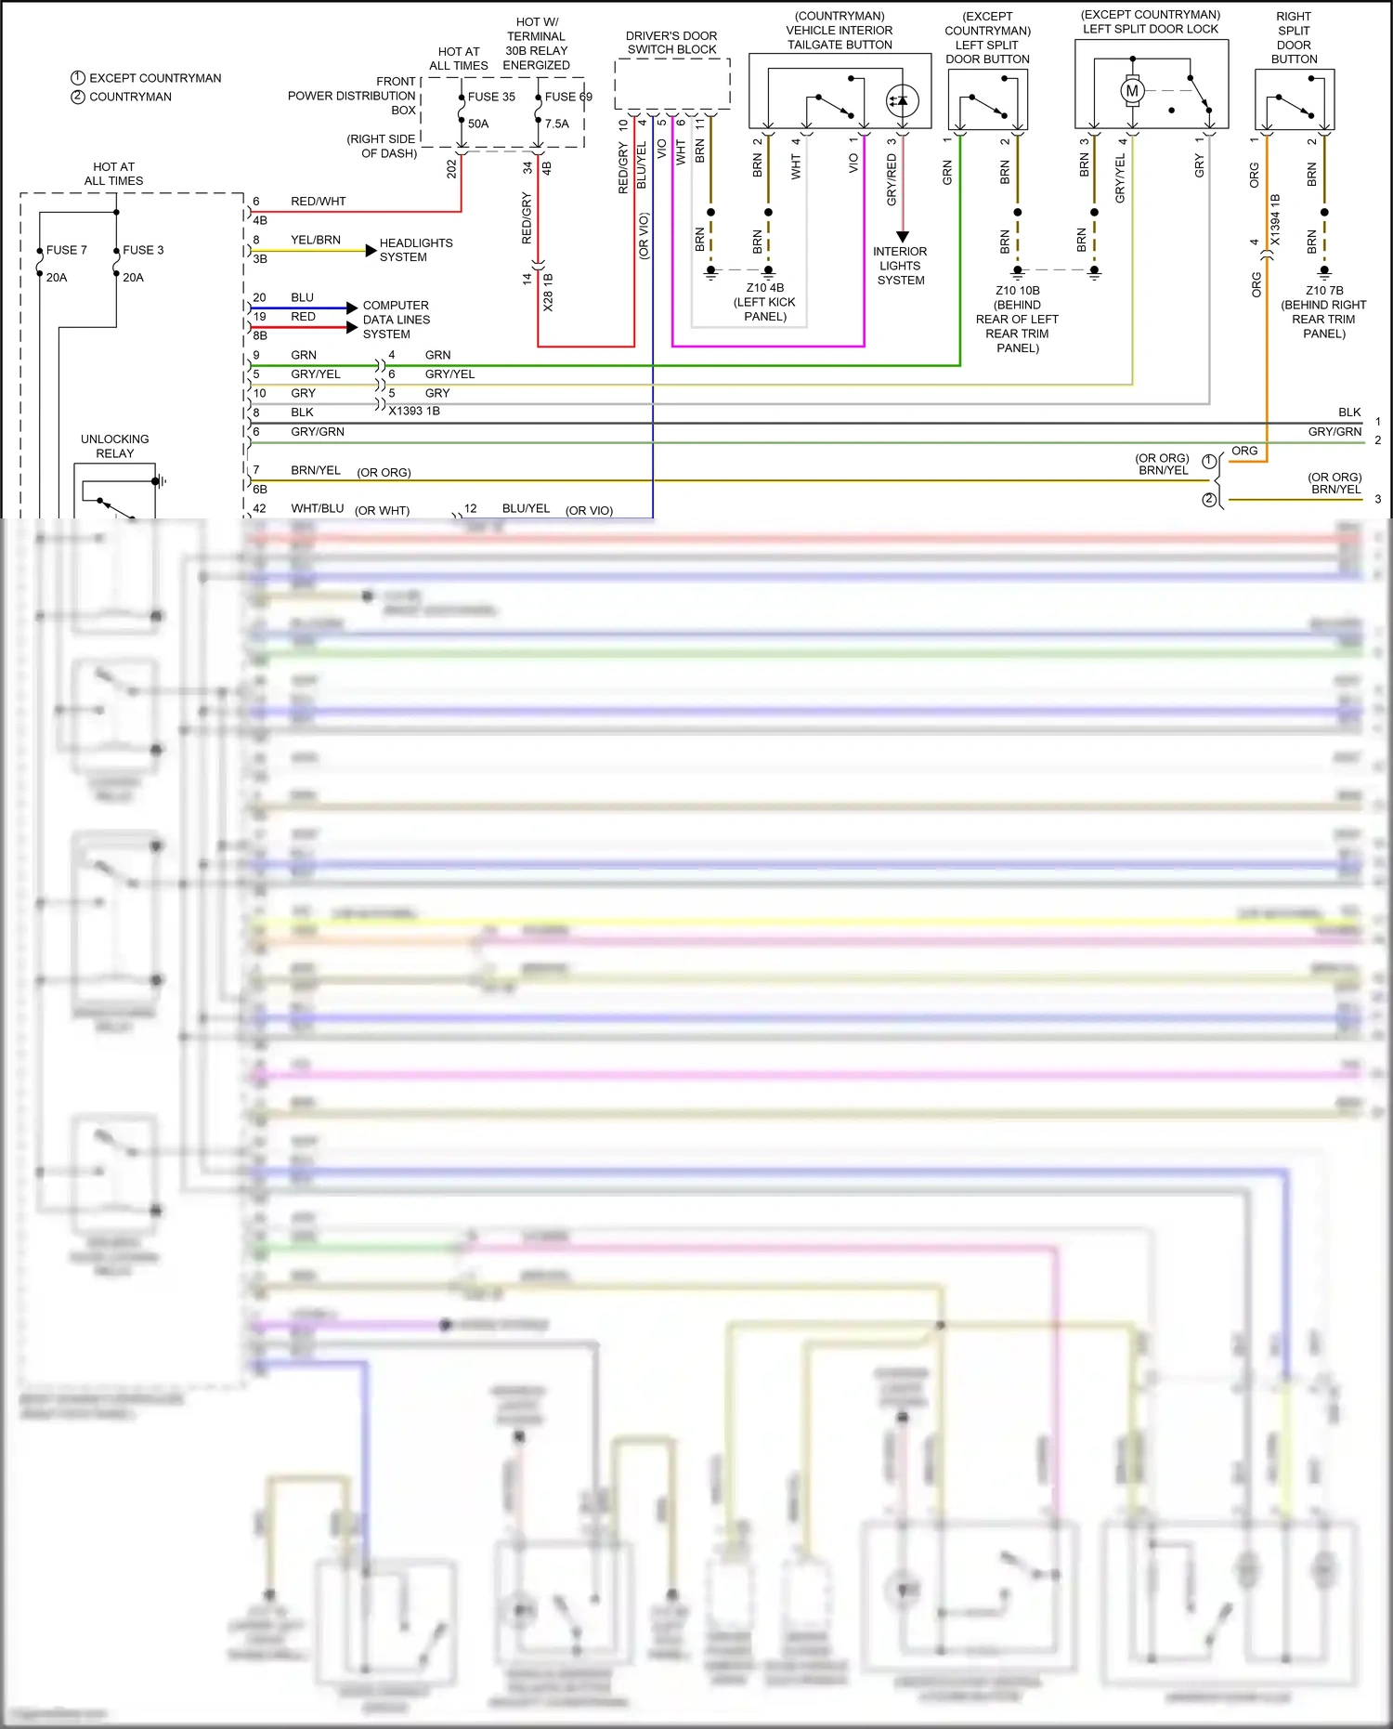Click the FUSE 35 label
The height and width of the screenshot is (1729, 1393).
click(491, 97)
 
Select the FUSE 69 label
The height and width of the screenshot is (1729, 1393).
click(567, 97)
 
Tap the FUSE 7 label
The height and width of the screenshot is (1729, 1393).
click(67, 250)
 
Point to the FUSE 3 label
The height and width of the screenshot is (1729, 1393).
click(143, 250)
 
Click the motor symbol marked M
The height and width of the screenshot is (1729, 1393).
click(1131, 91)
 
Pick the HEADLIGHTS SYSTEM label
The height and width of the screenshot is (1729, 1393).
click(415, 250)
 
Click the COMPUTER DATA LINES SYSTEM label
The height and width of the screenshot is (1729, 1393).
click(396, 320)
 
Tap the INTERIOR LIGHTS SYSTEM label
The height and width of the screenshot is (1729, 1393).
click(900, 266)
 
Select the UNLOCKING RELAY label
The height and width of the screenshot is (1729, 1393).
click(114, 446)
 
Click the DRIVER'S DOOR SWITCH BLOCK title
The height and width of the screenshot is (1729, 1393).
click(671, 43)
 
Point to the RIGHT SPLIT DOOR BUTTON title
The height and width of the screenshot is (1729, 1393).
click(1294, 38)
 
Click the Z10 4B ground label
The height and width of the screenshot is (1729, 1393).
click(765, 302)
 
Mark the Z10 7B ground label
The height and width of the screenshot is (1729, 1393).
click(1323, 312)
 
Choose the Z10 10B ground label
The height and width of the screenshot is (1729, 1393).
click(1017, 319)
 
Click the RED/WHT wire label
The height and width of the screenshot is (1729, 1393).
click(318, 202)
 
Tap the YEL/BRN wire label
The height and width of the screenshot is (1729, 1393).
click(316, 240)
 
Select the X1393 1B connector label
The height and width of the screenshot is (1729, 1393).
click(414, 411)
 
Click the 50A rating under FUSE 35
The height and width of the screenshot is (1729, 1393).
click(478, 124)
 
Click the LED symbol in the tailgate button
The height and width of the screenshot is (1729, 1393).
click(902, 100)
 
